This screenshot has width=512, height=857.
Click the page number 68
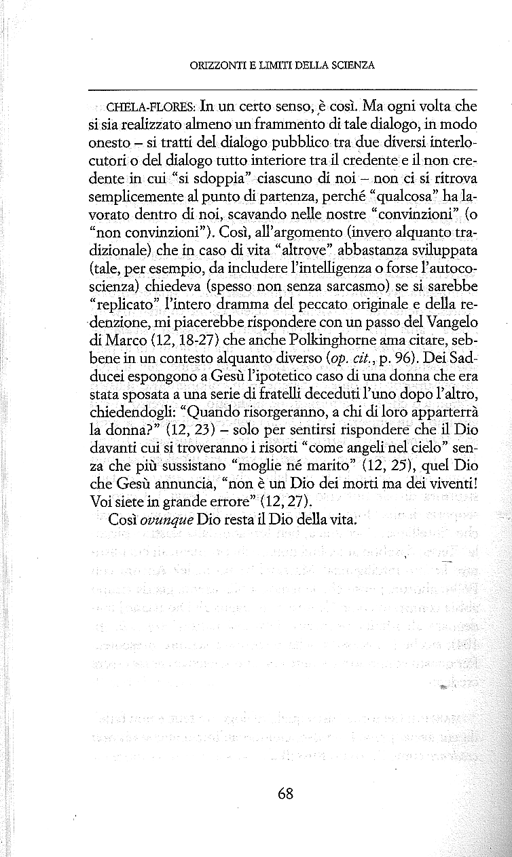(x=285, y=793)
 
